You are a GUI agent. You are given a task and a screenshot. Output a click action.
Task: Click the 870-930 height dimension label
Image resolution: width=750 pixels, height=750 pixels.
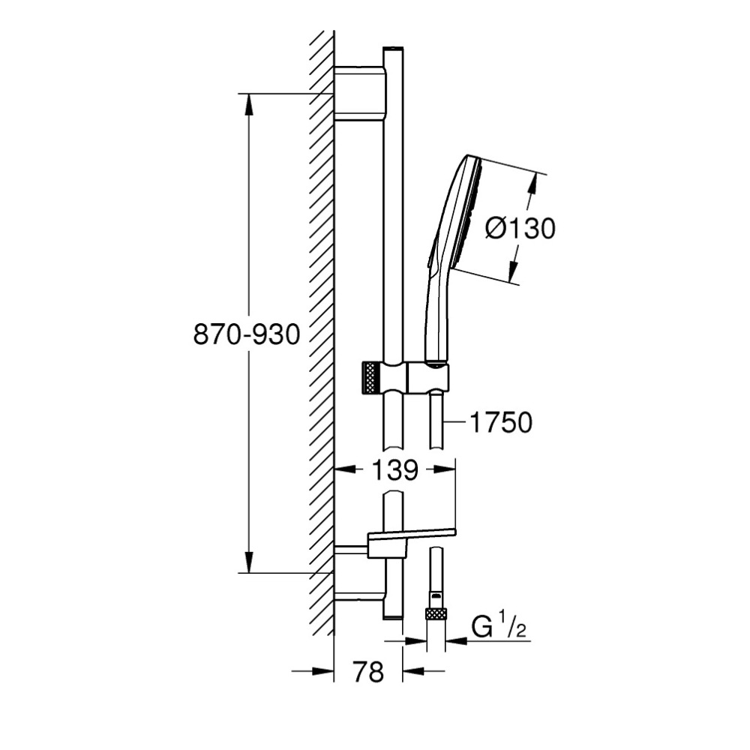pos(246,334)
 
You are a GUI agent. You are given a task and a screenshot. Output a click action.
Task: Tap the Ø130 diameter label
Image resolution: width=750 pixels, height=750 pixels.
pos(520,228)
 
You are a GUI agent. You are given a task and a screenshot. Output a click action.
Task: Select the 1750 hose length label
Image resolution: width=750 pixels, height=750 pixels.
pos(501,422)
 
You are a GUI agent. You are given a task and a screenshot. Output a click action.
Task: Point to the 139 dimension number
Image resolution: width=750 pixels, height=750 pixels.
pos(394,469)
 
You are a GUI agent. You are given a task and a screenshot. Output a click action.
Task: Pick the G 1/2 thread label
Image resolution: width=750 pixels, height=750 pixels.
pos(499,627)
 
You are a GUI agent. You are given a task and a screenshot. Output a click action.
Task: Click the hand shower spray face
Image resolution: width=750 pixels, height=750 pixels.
pos(474,214)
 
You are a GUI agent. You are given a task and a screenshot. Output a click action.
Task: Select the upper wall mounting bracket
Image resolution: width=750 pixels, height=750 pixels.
pos(359,94)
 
